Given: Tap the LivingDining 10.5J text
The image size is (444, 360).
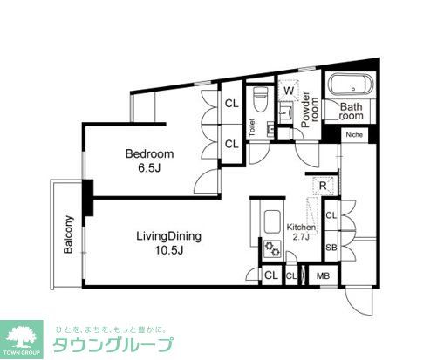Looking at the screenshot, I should [x=168, y=243].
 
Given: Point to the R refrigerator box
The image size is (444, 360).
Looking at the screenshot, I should [x=322, y=186].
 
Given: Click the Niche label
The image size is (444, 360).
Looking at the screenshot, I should [x=354, y=135].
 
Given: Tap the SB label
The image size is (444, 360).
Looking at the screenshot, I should [x=331, y=248].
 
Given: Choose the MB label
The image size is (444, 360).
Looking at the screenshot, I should [x=323, y=277].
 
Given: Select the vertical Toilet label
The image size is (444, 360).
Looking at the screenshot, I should [x=251, y=129].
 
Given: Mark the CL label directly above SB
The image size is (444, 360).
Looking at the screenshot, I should [x=331, y=214].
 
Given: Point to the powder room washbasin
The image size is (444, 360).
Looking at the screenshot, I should [x=285, y=113].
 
